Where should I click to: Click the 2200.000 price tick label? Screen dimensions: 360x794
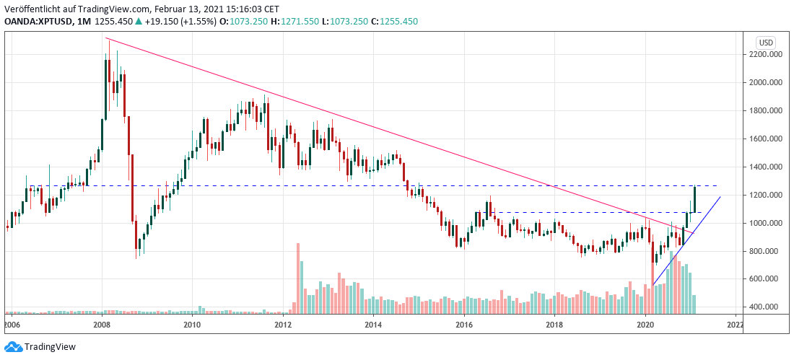[767, 54]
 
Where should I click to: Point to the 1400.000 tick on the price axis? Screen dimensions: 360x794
[767, 167]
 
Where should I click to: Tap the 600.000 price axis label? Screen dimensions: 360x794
[767, 279]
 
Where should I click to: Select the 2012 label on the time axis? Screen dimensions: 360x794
[283, 325]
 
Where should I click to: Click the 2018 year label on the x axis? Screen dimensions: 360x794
[554, 325]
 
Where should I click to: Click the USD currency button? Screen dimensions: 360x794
[764, 41]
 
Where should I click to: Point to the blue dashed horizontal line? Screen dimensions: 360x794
[577, 212]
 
